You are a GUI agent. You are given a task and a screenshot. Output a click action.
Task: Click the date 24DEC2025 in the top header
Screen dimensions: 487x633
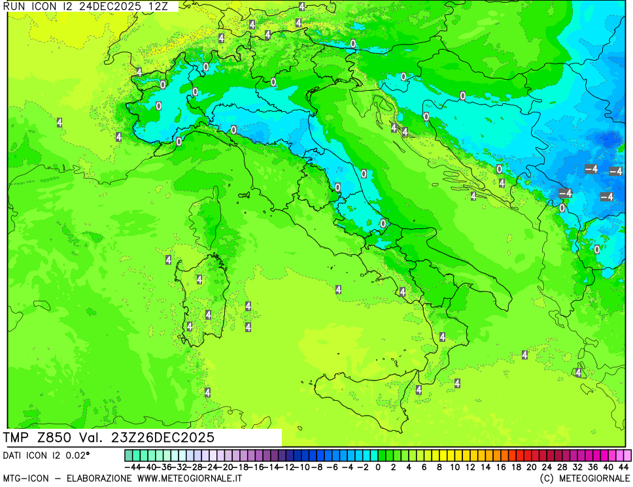pyautogui.click(x=86, y=5)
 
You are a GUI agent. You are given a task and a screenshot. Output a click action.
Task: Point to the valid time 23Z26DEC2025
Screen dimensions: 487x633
pyautogui.click(x=164, y=437)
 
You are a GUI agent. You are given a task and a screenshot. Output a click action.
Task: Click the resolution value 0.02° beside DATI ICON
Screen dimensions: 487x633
pyautogui.click(x=77, y=455)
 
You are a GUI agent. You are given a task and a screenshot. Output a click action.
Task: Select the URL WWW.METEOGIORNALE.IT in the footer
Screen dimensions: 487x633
pyautogui.click(x=190, y=479)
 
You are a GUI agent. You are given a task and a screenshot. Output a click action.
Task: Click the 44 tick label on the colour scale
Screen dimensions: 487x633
pyautogui.click(x=623, y=467)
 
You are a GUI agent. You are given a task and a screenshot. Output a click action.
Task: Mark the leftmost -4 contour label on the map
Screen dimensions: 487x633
pyautogui.click(x=566, y=193)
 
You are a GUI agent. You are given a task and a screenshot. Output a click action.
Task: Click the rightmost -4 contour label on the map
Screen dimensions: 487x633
pyautogui.click(x=616, y=171)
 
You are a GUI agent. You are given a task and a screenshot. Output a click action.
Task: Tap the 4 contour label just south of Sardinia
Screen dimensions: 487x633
pyautogui.click(x=207, y=392)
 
